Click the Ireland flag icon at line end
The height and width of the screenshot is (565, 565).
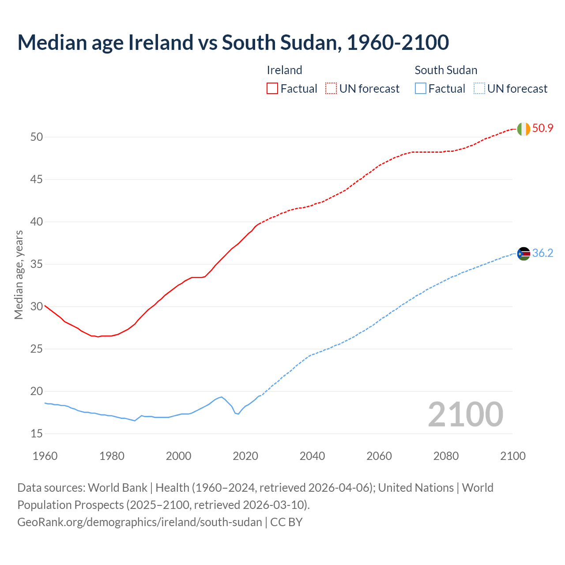[x=524, y=129]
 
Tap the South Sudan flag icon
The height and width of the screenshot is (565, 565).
[x=524, y=254]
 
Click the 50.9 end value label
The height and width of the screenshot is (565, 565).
[x=542, y=128]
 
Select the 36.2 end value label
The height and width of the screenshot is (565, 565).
[x=542, y=253]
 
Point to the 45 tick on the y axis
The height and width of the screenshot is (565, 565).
[x=37, y=180]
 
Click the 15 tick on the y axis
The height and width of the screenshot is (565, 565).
[x=37, y=434]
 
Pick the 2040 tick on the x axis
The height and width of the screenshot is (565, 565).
[x=312, y=456]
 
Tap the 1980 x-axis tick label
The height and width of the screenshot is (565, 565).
[x=112, y=456]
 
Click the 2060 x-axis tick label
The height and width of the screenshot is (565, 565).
[x=379, y=456]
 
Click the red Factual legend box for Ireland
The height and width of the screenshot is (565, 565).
[x=272, y=89]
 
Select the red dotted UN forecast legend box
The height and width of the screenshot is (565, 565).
[x=331, y=89]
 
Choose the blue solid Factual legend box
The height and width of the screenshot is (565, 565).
[x=420, y=89]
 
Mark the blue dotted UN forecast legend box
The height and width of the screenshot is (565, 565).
[x=479, y=89]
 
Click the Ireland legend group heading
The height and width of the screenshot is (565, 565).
[x=284, y=70]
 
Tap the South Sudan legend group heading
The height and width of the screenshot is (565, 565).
[x=446, y=70]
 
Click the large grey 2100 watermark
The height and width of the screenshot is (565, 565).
[x=465, y=414]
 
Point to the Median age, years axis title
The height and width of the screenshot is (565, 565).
[x=19, y=275]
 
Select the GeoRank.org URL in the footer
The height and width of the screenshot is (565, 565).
[x=139, y=522]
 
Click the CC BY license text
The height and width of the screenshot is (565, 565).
[x=286, y=522]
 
